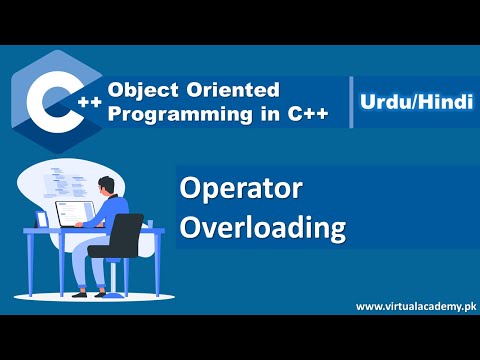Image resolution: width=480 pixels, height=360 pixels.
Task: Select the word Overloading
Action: click(262, 227)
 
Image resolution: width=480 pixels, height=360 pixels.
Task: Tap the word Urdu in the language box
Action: click(384, 101)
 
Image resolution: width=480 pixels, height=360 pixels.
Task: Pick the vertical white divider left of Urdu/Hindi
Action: click(352, 100)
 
